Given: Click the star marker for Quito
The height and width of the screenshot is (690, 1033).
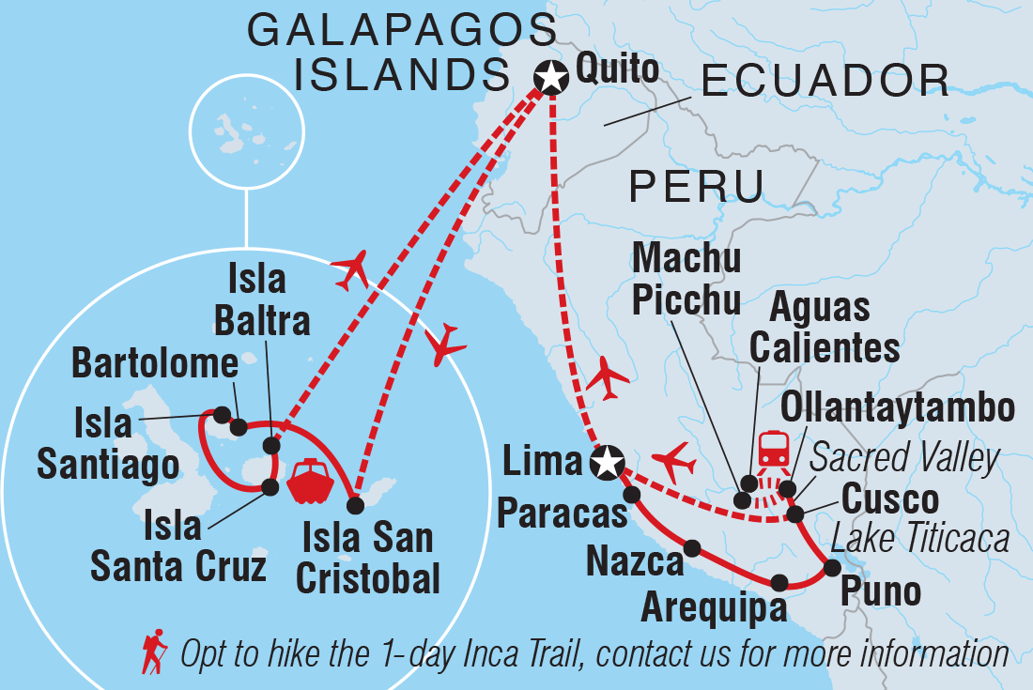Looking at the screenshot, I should point(550,78).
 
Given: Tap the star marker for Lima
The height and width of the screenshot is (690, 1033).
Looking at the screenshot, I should point(608,462).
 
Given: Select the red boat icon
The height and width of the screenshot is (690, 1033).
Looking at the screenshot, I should point(311,482).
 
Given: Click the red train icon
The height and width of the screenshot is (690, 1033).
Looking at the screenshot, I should point(772,448).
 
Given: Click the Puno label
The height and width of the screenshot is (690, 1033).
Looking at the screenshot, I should point(880,592).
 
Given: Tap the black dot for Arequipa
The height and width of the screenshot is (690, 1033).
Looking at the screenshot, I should point(779,582).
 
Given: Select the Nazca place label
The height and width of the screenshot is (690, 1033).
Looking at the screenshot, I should point(634,562).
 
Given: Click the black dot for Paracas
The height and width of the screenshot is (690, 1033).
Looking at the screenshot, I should point(631,494).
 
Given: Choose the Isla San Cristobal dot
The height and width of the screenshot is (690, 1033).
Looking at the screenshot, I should point(355,505).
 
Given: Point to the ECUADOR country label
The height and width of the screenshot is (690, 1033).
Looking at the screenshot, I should point(825,82).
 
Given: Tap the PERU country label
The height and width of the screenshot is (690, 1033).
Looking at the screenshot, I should point(696,187).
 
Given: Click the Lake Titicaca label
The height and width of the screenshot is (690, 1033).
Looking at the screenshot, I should point(920,539).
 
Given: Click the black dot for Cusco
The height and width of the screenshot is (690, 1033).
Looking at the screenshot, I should point(795,514).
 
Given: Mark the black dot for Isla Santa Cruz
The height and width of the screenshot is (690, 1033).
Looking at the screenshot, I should point(270,486).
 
